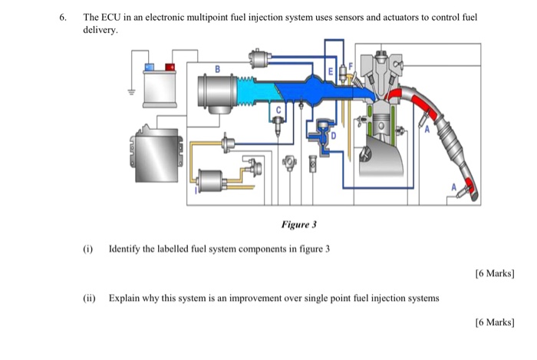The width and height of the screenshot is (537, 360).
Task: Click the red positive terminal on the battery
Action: [171, 68]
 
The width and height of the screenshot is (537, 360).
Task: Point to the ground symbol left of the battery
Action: [130, 91]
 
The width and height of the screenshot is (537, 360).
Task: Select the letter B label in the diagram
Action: [217, 69]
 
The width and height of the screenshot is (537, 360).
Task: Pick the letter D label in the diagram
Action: [334, 136]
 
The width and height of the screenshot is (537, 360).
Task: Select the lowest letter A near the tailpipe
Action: [453, 187]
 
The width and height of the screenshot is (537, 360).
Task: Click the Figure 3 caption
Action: [299, 225]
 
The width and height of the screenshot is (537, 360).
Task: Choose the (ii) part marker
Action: [90, 298]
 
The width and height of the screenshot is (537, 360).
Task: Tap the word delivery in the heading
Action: [100, 30]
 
